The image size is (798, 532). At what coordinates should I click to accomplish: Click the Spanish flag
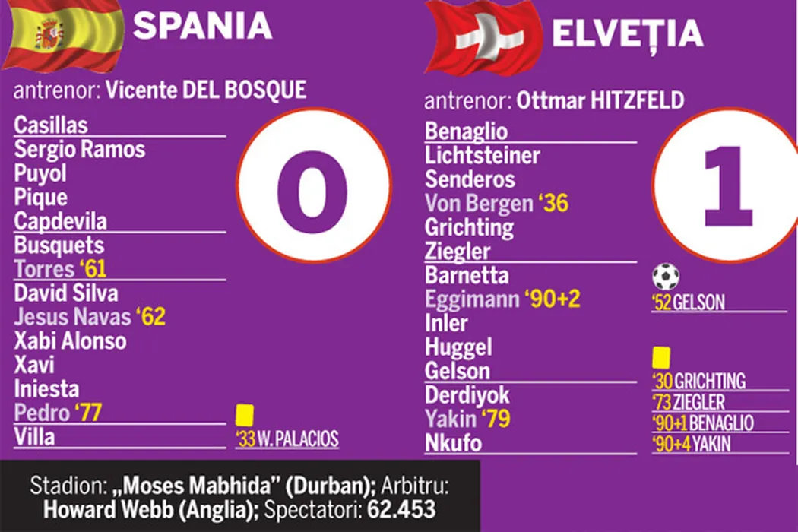click(x=62, y=34)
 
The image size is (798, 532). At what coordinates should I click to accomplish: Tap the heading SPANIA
click(x=202, y=27)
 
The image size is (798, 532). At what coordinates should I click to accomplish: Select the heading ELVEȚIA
click(x=627, y=34)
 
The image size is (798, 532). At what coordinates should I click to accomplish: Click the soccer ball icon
click(x=666, y=277)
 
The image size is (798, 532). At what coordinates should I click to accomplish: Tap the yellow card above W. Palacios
click(x=244, y=415)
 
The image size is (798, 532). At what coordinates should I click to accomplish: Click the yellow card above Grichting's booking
click(x=660, y=356)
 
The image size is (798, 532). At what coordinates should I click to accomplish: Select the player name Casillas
click(x=51, y=125)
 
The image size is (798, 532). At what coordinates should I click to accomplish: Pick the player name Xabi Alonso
click(x=71, y=340)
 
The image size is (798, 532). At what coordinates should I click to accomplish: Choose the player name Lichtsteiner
click(x=483, y=157)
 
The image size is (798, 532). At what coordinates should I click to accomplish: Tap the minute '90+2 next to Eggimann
click(x=553, y=299)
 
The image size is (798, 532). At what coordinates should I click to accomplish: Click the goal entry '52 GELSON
click(x=688, y=303)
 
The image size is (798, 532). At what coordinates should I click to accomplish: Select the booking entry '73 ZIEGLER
click(x=688, y=402)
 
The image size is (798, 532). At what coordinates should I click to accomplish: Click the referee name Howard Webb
click(x=100, y=510)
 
